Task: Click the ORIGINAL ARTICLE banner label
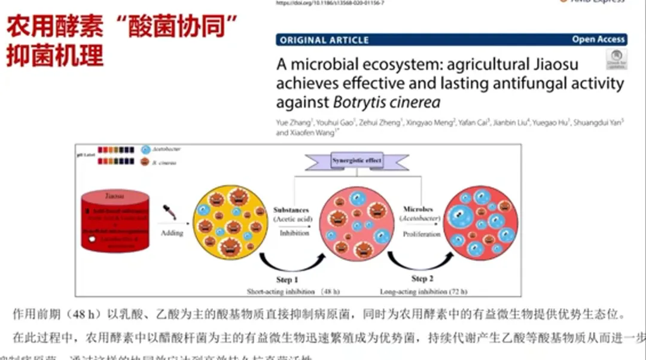click(324, 40)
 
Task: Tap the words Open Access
click(598, 39)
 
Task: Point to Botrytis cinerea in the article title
click(386, 102)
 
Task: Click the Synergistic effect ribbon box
click(356, 161)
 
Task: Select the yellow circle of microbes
click(229, 221)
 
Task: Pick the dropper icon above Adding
click(170, 213)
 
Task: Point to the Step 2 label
click(419, 279)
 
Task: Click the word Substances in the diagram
click(291, 210)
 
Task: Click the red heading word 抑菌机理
click(55, 55)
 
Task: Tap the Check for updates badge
click(616, 59)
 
